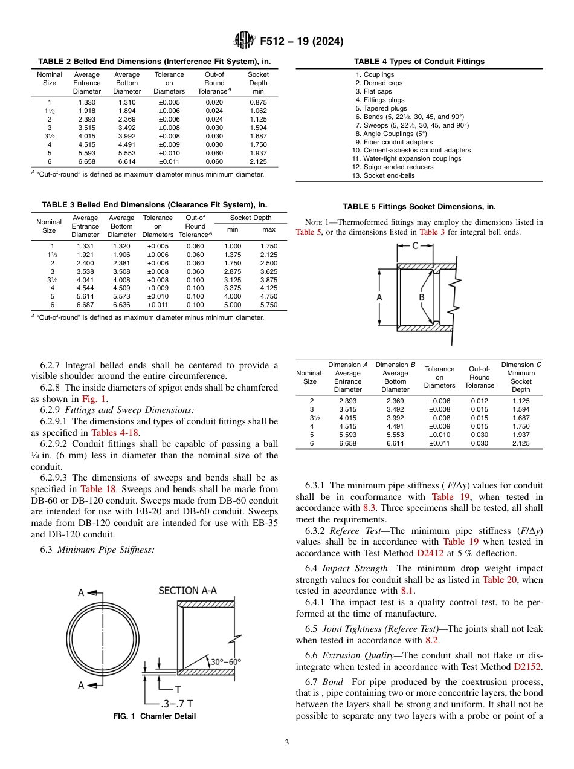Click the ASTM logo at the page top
pyautogui.click(x=245, y=41)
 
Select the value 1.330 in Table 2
pyautogui.click(x=87, y=102)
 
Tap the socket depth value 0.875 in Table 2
pyautogui.click(x=258, y=102)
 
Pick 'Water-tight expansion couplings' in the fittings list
pyautogui.click(x=407, y=158)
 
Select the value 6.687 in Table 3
pyautogui.click(x=85, y=305)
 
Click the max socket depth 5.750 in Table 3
pyautogui.click(x=268, y=305)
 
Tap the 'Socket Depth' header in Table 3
pyautogui.click(x=251, y=218)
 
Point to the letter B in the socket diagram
pyautogui.click(x=421, y=297)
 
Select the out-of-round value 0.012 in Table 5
pyautogui.click(x=479, y=400)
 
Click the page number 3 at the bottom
pyautogui.click(x=286, y=742)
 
